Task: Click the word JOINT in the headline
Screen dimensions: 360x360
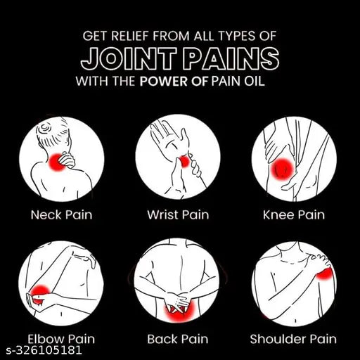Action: point(129,58)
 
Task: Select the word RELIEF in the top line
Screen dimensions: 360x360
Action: point(130,36)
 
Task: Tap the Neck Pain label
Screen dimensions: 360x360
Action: point(62,214)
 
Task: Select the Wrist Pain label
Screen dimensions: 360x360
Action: point(178,214)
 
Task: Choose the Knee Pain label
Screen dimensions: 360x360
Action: point(294,214)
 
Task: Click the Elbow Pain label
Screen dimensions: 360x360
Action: point(61,339)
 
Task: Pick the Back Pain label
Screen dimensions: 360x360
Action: point(178,339)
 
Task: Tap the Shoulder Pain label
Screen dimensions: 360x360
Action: point(293,339)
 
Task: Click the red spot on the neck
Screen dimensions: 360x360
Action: point(57,161)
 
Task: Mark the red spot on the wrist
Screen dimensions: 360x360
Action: point(184,162)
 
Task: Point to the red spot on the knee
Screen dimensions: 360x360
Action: point(282,169)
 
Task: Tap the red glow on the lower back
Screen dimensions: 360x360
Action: point(179,313)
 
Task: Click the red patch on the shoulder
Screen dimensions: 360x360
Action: point(325,274)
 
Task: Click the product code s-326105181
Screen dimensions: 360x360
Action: point(44,351)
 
